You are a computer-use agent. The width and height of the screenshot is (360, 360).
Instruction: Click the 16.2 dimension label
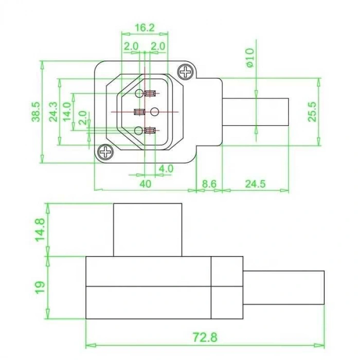pyautogui.click(x=145, y=28)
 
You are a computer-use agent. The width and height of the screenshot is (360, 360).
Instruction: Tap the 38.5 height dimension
pyautogui.click(x=36, y=112)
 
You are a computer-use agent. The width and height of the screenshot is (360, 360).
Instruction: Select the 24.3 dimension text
pyautogui.click(x=53, y=112)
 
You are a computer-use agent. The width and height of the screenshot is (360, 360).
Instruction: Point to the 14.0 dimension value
pyautogui.click(x=67, y=112)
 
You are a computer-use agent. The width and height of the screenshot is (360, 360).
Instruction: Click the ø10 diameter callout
pyautogui.click(x=250, y=58)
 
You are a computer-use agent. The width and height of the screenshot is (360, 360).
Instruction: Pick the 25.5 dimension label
pyautogui.click(x=312, y=112)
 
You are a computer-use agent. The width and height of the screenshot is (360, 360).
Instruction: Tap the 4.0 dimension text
pyautogui.click(x=166, y=169)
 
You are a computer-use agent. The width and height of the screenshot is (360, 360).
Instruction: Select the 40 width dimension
pyautogui.click(x=146, y=184)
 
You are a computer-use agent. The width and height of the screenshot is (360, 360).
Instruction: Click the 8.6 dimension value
pyautogui.click(x=209, y=184)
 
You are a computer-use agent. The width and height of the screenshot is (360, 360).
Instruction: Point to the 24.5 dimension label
pyautogui.click(x=255, y=184)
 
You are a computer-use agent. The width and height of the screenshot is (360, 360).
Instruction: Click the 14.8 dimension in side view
pyautogui.click(x=40, y=229)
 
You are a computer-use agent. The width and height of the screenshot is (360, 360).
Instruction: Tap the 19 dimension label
pyautogui.click(x=40, y=287)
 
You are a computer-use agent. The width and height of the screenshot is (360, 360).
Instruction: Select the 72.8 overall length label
pyautogui.click(x=205, y=337)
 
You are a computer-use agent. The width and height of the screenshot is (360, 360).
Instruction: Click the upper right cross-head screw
pyautogui.click(x=186, y=72)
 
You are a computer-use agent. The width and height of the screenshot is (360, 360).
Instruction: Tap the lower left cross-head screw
pyautogui.click(x=105, y=152)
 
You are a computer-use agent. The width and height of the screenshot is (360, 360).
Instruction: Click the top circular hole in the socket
pyautogui.click(x=139, y=94)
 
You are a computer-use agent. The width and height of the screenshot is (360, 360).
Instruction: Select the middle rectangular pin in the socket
pyautogui.click(x=139, y=112)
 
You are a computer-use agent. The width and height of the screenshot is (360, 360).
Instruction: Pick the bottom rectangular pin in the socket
pyautogui.click(x=150, y=131)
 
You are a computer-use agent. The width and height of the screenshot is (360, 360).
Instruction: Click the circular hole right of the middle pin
pyautogui.click(x=154, y=112)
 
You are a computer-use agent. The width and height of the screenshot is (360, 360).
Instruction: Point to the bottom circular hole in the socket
pyautogui.click(x=138, y=131)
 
